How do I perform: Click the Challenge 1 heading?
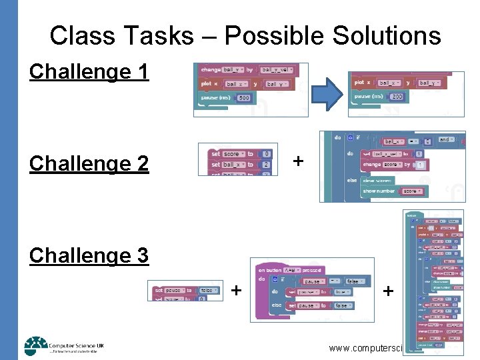coord(89,71)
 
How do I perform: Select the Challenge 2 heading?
coord(89,163)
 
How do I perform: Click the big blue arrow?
coord(327,92)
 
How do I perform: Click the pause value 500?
coord(243,98)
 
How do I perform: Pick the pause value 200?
coord(397,97)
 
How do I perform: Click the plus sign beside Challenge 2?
coord(298,161)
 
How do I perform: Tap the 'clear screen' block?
coord(378,181)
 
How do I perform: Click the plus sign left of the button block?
coord(236,290)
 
